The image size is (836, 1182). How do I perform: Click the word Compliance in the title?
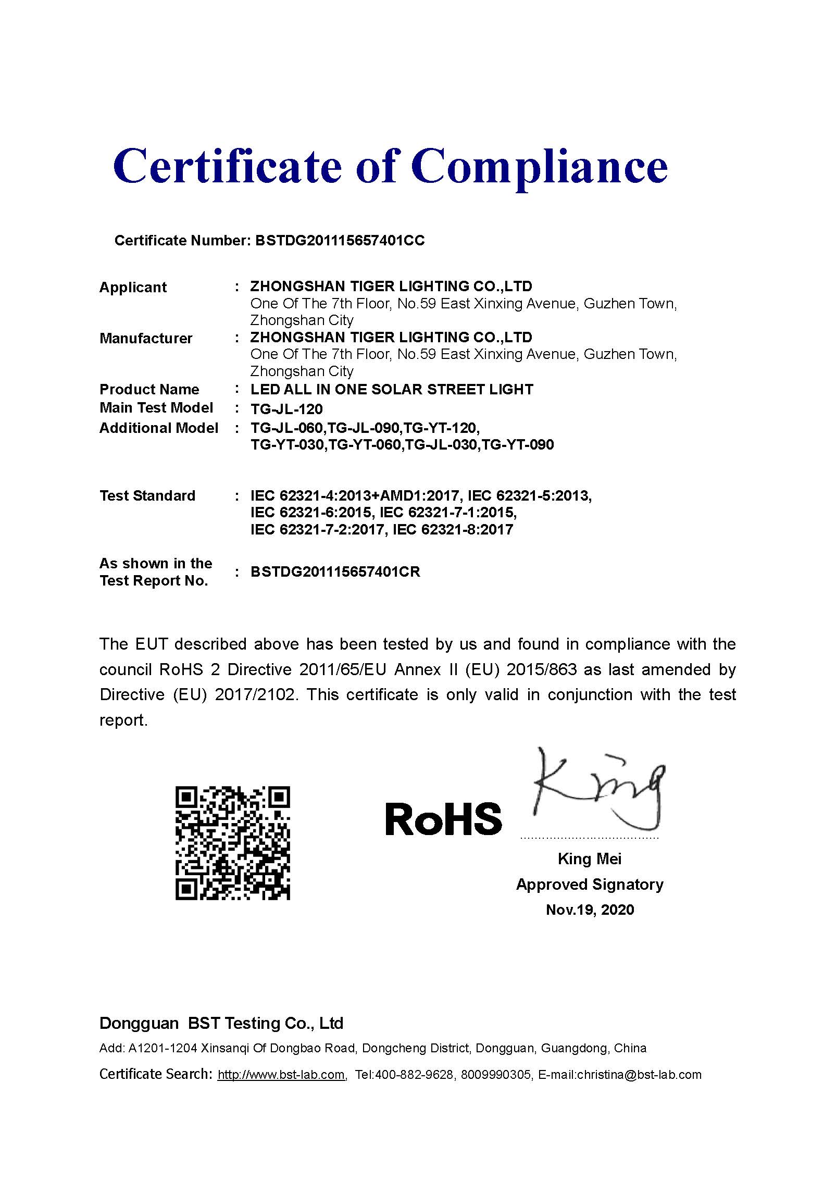tap(539, 167)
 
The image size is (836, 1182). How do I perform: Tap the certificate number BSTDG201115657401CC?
tap(340, 240)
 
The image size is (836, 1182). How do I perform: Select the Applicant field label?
tap(133, 287)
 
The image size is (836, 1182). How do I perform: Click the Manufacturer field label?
tap(146, 338)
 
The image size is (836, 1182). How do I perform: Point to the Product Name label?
tap(149, 389)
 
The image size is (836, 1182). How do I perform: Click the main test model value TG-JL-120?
tap(286, 409)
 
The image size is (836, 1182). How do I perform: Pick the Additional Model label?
tap(158, 428)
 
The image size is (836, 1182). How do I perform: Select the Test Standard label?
tap(147, 495)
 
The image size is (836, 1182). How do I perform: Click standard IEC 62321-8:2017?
tap(453, 530)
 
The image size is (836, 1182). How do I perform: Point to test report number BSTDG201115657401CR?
tap(335, 571)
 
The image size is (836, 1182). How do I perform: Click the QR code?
tap(232, 843)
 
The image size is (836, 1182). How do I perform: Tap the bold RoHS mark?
tap(443, 819)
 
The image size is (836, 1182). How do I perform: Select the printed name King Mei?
tap(590, 858)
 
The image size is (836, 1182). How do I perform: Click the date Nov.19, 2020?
tap(590, 910)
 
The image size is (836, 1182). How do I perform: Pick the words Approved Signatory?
tap(590, 884)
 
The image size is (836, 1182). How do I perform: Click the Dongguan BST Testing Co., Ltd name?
tap(221, 1023)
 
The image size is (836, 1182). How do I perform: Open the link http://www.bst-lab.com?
tap(281, 1074)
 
